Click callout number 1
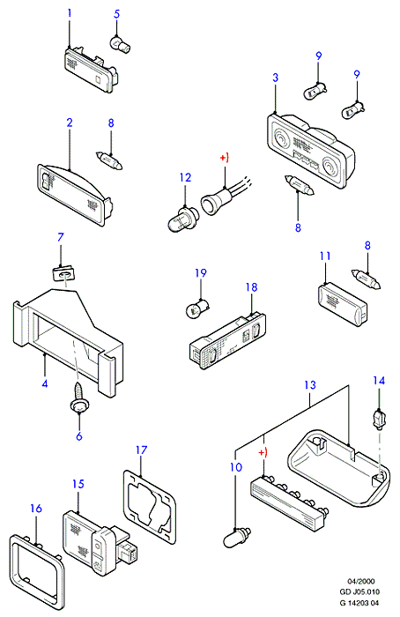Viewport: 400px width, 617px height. [70, 13]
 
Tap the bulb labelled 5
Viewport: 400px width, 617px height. [120, 44]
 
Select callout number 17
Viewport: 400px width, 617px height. [142, 450]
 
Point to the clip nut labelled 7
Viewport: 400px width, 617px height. [63, 272]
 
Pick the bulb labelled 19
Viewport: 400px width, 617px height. [196, 308]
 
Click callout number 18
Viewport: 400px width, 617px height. [251, 286]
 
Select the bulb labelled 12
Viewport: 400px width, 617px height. [180, 219]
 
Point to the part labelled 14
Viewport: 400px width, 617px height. [378, 419]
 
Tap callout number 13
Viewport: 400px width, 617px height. [310, 384]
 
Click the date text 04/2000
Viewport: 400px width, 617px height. [360, 581]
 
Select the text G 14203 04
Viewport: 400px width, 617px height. [359, 603]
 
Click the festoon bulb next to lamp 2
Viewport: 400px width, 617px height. [109, 160]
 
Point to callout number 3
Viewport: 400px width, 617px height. [275, 78]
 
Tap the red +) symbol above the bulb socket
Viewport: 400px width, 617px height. [224, 158]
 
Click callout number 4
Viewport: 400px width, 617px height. [45, 383]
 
